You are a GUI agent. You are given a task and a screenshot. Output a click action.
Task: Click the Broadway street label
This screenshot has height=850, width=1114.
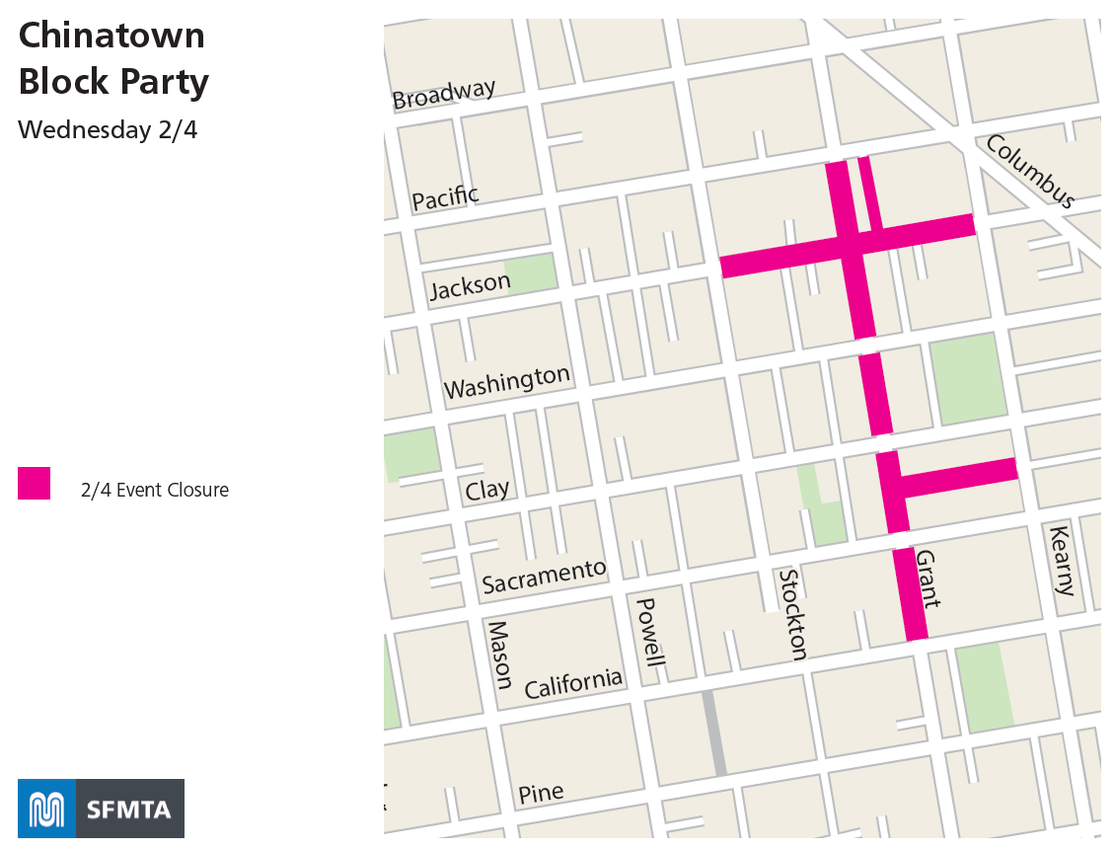[x=444, y=95]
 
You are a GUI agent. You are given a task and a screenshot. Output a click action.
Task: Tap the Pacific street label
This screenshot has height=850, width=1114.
[x=445, y=197]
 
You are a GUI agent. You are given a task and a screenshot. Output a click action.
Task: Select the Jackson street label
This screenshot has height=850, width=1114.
[x=470, y=286]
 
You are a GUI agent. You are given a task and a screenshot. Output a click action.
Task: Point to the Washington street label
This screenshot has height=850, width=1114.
[x=507, y=382]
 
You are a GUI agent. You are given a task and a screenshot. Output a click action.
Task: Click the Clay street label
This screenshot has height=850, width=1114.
[x=487, y=490]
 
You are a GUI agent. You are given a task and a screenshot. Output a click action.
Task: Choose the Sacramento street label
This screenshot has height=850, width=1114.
[x=544, y=577]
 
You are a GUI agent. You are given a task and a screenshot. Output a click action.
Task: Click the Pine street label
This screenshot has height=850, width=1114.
[x=541, y=793]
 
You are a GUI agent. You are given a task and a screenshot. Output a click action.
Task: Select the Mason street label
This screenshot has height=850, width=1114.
[x=500, y=655]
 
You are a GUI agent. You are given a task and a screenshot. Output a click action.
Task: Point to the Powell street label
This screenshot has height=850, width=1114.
[x=647, y=632]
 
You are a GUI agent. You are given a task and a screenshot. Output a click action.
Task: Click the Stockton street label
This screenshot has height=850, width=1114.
[x=792, y=614]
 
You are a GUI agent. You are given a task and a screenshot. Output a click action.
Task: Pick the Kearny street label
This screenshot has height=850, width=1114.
[x=1062, y=560]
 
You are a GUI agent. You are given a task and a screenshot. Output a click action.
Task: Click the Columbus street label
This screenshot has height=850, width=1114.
[x=1030, y=172]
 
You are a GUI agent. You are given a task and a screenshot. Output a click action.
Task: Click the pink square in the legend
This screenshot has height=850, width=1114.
[x=35, y=483]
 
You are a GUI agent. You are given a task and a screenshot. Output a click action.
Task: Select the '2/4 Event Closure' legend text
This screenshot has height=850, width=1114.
[x=155, y=490]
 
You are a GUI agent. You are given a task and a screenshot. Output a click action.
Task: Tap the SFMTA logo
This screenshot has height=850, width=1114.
[x=101, y=809]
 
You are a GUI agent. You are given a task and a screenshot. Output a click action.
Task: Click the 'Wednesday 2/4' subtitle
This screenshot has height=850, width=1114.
[x=108, y=129]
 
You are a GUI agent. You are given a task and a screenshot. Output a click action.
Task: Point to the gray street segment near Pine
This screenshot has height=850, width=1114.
[x=714, y=733]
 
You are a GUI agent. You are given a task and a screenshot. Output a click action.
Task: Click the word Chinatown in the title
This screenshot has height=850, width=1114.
[x=111, y=36]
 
